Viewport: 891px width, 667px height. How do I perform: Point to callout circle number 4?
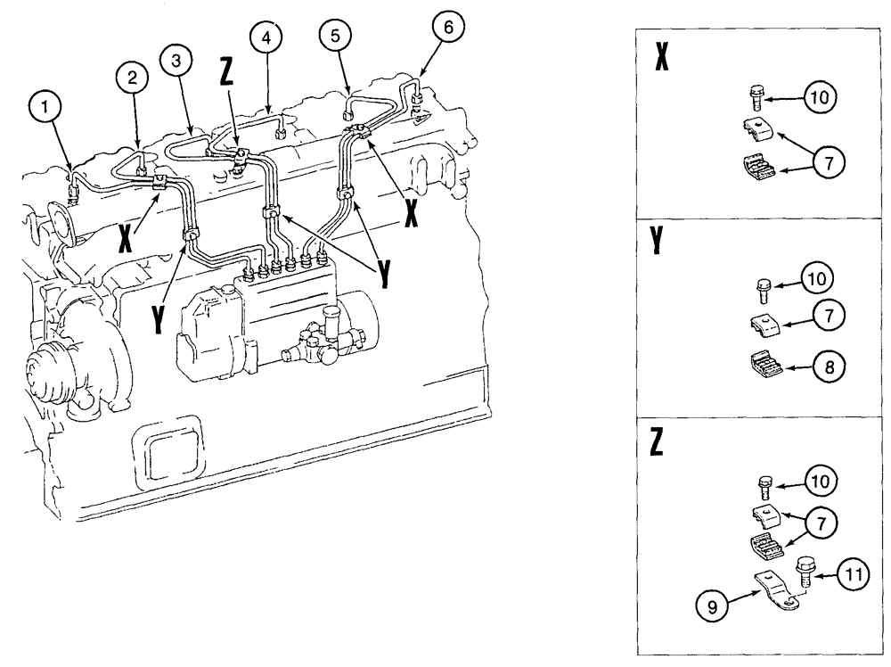click(x=264, y=37)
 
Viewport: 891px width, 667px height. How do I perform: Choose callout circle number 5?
click(x=335, y=37)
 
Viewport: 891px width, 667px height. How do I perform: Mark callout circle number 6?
click(x=448, y=27)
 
